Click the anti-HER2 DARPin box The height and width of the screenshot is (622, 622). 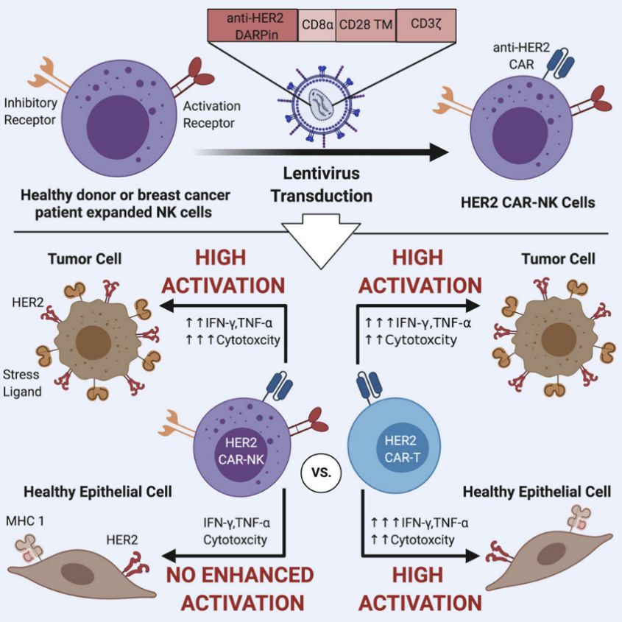pos(251,26)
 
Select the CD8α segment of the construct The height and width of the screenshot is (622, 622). pos(317,26)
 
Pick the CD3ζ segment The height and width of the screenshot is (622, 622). pos(425,26)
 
